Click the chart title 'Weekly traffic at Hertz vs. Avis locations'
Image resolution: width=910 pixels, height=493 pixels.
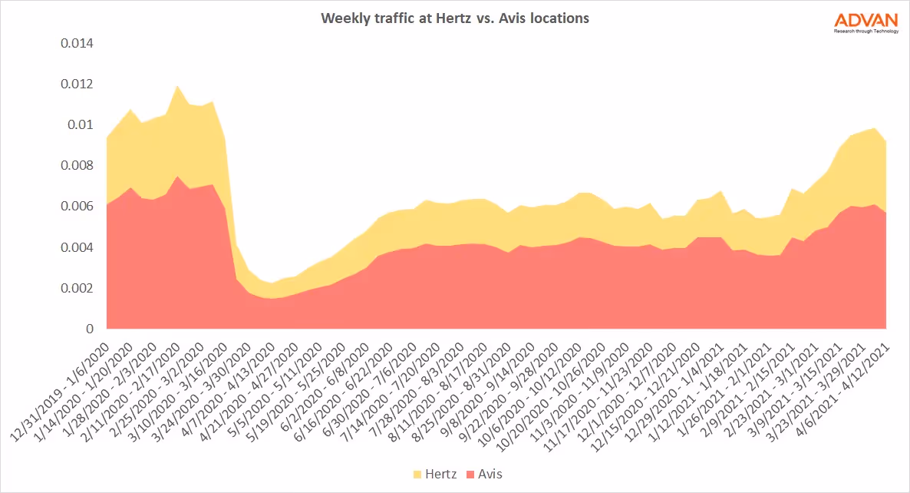pyautogui.click(x=455, y=18)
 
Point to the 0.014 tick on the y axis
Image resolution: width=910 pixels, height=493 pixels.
pyautogui.click(x=77, y=43)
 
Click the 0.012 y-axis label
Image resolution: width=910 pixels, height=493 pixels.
pyautogui.click(x=77, y=84)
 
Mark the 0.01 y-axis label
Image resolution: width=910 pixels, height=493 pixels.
pyautogui.click(x=81, y=124)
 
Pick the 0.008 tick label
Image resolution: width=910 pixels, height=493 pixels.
pyautogui.click(x=77, y=165)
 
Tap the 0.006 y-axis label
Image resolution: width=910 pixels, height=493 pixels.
pyautogui.click(x=77, y=207)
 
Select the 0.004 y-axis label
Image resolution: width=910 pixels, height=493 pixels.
pyautogui.click(x=77, y=247)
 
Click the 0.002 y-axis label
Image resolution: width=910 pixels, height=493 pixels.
pyautogui.click(x=77, y=288)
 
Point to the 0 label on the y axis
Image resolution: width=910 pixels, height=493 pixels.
pyautogui.click(x=90, y=329)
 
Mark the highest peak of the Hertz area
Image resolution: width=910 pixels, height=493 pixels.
pyautogui.click(x=178, y=87)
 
